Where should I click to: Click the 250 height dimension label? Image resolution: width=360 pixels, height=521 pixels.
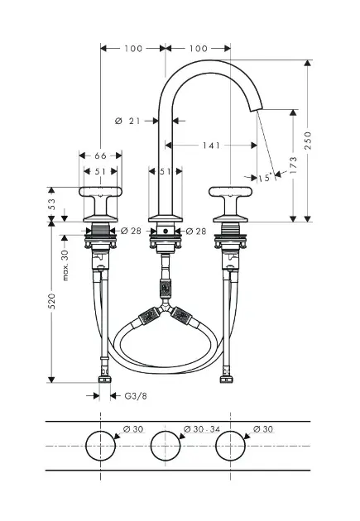coord(308,141)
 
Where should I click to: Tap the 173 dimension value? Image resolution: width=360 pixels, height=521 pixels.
coord(293,165)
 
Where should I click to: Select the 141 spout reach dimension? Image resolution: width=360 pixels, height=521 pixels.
coord(211,146)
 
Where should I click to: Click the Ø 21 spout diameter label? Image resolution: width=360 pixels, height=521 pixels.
coord(127,121)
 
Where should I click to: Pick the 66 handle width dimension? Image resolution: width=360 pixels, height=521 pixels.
coord(100,155)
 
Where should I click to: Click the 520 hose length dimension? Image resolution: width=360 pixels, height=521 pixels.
coord(51,301)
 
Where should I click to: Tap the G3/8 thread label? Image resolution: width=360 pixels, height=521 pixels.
coord(136,396)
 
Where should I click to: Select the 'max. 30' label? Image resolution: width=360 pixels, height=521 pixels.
coord(65,265)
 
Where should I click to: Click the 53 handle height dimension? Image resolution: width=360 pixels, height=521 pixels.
coord(51,204)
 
